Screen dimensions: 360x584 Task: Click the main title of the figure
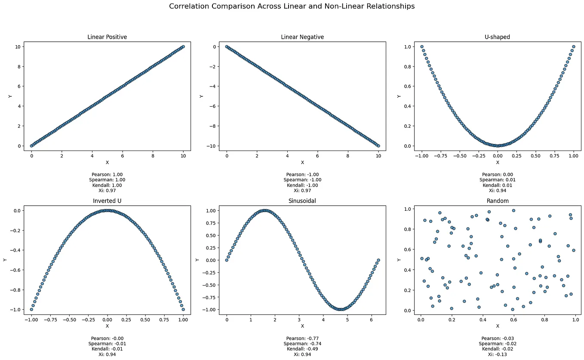(x=292, y=6)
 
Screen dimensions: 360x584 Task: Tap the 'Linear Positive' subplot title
(x=107, y=37)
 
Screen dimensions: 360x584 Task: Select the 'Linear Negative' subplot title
(x=302, y=37)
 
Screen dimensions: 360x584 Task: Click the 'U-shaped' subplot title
(x=498, y=37)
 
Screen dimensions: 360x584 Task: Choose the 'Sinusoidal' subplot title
(x=302, y=201)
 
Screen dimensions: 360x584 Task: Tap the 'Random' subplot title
(x=498, y=201)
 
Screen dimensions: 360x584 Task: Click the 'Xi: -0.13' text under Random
(x=498, y=354)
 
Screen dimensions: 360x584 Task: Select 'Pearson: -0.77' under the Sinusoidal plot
(x=302, y=338)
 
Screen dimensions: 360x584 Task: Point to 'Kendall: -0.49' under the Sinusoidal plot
(x=302, y=349)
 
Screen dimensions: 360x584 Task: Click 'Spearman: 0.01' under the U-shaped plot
(x=498, y=180)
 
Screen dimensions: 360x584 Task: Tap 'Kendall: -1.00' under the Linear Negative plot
(x=302, y=185)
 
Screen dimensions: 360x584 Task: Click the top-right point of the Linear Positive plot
(x=183, y=46)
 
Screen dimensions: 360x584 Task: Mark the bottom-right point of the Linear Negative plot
(x=378, y=146)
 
